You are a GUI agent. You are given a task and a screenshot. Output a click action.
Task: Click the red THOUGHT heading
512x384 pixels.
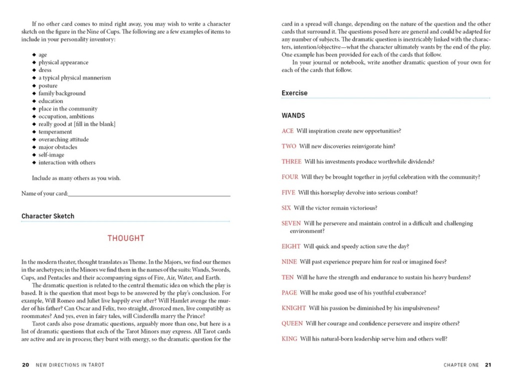[126, 238]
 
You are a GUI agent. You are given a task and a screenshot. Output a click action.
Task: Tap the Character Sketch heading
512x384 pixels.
[48, 216]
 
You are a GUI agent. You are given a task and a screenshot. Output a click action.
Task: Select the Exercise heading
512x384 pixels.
[295, 93]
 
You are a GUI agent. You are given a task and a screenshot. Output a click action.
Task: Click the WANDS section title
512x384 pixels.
[293, 116]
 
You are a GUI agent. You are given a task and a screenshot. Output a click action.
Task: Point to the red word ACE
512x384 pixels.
[287, 131]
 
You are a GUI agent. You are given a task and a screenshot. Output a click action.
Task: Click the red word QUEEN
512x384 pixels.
[292, 323]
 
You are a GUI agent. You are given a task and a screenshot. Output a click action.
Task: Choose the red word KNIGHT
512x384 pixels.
[293, 308]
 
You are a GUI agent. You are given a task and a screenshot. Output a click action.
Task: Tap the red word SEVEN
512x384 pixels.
[291, 223]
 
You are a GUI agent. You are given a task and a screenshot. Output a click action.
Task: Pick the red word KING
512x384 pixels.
[289, 339]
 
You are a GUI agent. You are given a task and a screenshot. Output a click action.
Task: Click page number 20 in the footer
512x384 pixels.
[25, 365]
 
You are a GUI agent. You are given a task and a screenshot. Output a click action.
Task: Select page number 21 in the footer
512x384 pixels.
[488, 365]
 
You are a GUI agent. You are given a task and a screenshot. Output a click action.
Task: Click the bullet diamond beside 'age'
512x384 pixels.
[34, 55]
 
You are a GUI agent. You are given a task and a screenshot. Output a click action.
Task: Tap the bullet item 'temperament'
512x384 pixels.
[55, 132]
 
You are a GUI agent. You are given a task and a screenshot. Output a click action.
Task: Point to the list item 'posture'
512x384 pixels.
[48, 86]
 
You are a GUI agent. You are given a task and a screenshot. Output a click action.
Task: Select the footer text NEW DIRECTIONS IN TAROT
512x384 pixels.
[70, 365]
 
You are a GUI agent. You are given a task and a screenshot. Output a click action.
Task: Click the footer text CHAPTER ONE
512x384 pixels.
[461, 365]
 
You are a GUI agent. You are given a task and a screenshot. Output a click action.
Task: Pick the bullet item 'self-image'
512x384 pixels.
[51, 155]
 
